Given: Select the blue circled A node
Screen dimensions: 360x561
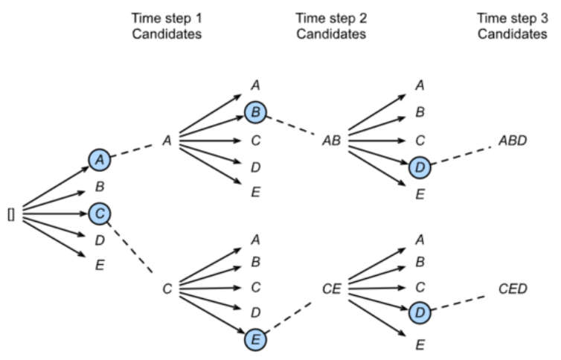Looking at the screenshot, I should [100, 158].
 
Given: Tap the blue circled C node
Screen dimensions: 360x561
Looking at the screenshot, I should [100, 214].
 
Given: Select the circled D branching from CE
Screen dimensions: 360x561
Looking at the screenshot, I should [420, 312].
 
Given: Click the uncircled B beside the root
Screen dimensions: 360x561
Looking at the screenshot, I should [100, 187].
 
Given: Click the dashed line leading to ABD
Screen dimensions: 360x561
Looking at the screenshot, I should [463, 154].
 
